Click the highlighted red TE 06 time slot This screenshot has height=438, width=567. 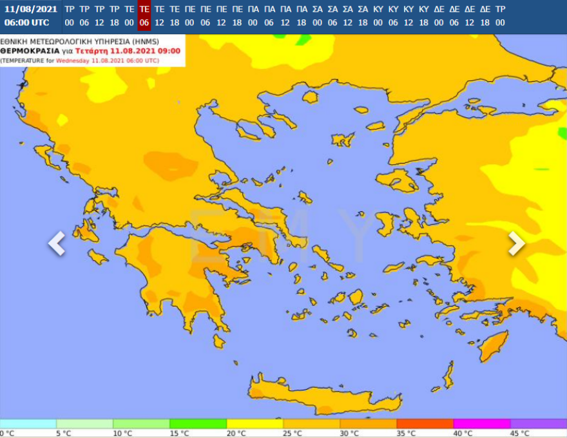point(144,15)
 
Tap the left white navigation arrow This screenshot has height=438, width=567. point(57,243)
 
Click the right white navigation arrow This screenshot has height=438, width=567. point(516,243)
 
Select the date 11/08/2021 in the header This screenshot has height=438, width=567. point(30,9)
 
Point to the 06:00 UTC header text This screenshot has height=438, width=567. point(26,23)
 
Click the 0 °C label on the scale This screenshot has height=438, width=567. point(7,433)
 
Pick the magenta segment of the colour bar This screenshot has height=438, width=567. point(481,424)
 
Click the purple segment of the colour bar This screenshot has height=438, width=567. point(538,424)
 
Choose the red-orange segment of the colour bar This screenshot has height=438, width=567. point(425,424)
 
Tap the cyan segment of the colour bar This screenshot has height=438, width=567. point(28,424)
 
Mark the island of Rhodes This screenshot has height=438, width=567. point(494,345)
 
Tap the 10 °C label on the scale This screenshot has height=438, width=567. point(122,433)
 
